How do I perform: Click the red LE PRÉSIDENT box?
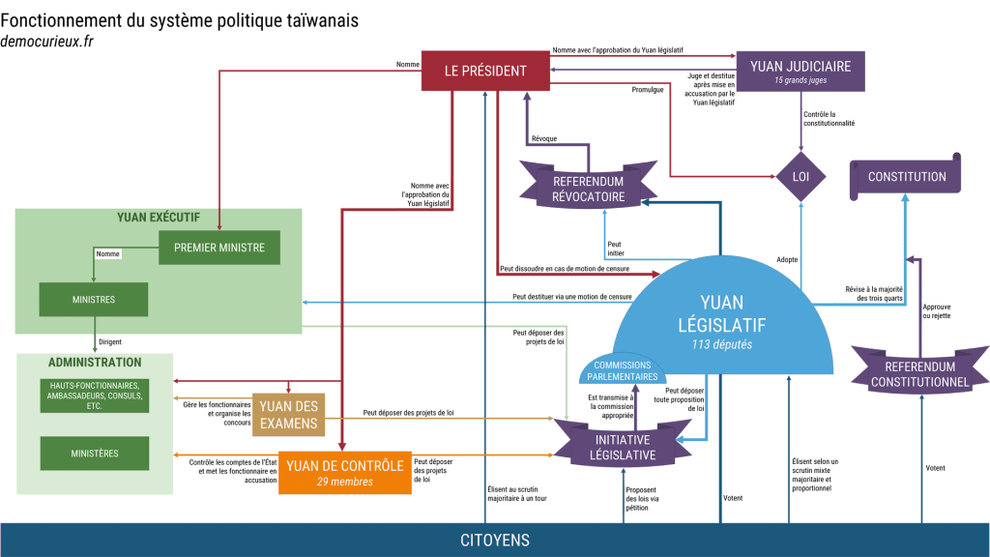(485, 71)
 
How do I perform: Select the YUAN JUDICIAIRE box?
(800, 72)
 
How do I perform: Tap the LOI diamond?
(801, 177)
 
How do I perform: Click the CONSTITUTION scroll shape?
(906, 177)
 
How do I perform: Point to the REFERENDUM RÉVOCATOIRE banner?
(588, 189)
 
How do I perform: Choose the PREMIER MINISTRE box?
(218, 248)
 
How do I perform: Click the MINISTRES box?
(93, 300)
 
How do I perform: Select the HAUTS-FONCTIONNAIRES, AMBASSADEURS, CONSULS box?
(94, 396)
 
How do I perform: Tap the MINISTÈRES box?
(94, 453)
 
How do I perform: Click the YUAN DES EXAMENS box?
(288, 415)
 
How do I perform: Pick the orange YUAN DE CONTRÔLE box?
(344, 473)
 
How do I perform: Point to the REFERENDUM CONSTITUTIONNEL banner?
(919, 373)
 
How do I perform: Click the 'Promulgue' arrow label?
(647, 90)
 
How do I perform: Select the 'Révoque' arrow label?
(544, 139)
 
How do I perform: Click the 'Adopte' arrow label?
(787, 259)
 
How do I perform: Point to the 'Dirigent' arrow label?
(110, 341)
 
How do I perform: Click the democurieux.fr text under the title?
(47, 42)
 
